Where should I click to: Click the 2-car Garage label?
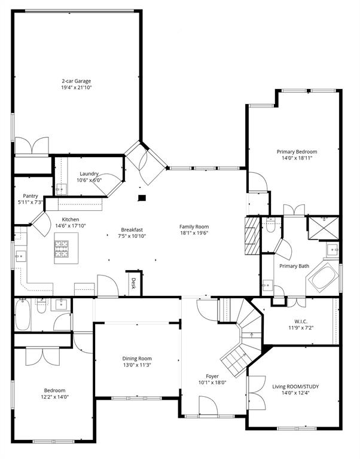click(76, 81)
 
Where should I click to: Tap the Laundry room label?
click(89, 173)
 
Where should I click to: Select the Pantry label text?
click(30, 195)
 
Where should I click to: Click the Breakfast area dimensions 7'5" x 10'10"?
click(132, 236)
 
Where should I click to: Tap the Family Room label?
click(194, 227)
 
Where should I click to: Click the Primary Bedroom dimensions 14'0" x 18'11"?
click(297, 158)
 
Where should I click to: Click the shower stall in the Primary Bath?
click(323, 228)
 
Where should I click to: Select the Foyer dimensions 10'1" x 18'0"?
click(212, 383)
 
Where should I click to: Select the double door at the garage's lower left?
click(32, 145)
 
